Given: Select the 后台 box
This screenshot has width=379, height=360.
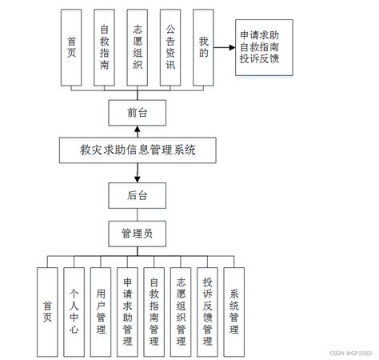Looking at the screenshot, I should [138, 194].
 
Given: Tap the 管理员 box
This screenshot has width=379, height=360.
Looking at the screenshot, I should [138, 234].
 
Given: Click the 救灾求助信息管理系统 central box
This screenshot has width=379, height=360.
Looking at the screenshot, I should [138, 150].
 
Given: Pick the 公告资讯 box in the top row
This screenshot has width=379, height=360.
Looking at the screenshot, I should [171, 48].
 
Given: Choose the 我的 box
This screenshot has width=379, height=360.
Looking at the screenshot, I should [204, 48].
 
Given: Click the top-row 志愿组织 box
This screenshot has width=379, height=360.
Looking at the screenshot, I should [138, 48].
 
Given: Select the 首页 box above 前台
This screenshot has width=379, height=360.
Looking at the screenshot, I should [72, 48].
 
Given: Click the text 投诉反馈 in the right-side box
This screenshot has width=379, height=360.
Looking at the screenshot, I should [259, 59].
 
